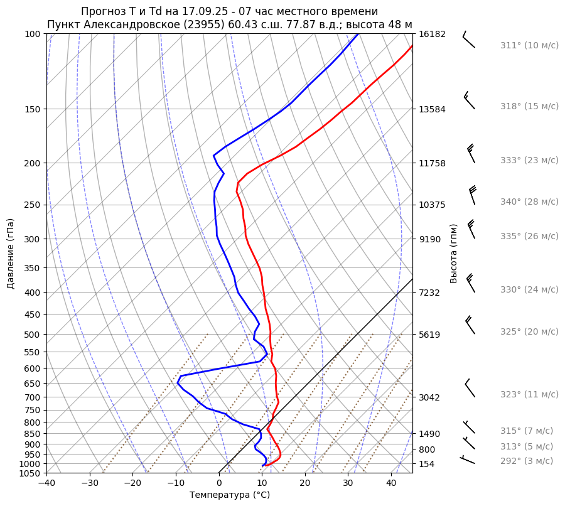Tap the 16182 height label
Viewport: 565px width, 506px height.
click(432, 34)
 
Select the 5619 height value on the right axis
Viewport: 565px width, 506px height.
click(432, 335)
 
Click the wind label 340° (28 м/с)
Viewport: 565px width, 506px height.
click(529, 202)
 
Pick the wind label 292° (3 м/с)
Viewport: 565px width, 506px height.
click(527, 461)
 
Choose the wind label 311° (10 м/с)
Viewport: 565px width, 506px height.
click(529, 45)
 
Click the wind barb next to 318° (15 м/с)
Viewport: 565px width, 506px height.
click(469, 100)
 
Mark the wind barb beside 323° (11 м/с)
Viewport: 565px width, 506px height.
click(470, 389)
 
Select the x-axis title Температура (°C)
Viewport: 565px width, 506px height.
click(230, 495)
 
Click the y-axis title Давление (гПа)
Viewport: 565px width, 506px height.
click(11, 254)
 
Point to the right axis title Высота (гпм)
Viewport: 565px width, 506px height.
click(454, 253)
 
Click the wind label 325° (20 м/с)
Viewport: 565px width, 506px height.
click(529, 331)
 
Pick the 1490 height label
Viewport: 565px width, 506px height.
click(432, 434)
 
